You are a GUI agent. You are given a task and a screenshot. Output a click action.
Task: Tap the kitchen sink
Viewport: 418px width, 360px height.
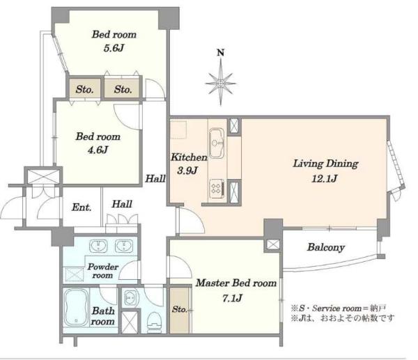pos(218,143)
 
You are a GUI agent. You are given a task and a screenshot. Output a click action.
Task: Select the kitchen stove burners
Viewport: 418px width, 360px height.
pos(217,188)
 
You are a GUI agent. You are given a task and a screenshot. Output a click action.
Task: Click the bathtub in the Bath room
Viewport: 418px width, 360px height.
pos(77,308)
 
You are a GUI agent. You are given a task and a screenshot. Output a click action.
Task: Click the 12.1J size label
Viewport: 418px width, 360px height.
pos(325,178)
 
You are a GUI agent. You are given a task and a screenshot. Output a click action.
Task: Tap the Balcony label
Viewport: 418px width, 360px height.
pos(326,248)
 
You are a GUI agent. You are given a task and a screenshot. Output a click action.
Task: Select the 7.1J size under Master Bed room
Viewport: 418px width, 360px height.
pos(232,298)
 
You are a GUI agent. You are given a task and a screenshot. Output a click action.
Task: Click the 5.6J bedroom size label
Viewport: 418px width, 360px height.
pos(114,48)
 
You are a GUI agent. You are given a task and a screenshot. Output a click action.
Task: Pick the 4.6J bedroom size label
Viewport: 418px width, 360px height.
pos(98,150)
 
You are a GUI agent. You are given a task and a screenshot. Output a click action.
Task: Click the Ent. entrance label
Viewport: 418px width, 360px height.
pos(82,208)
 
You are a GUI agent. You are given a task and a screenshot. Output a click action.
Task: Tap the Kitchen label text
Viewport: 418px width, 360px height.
pos(189,157)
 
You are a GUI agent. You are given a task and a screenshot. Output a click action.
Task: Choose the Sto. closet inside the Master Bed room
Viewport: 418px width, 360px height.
pos(180,309)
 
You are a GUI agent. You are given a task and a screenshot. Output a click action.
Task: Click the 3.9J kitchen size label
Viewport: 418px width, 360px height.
pos(187,171)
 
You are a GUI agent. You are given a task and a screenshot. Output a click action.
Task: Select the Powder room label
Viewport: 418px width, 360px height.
pos(103,271)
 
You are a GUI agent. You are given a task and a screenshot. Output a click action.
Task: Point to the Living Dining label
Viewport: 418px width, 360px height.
pos(325,164)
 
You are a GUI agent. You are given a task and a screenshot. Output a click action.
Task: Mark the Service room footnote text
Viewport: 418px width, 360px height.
pos(339,308)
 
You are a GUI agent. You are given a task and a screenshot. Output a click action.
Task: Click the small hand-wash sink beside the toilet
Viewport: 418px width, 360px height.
pos(130,297)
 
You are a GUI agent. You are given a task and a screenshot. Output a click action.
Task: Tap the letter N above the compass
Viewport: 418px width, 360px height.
pos(220,53)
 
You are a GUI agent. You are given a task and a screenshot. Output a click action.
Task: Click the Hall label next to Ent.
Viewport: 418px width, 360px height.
pos(122,205)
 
